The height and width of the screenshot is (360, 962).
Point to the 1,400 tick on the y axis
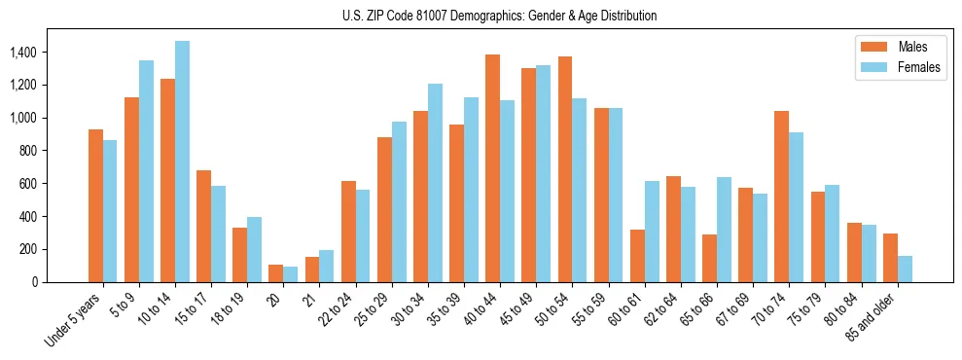(43, 52)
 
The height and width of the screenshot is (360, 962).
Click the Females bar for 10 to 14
(182, 162)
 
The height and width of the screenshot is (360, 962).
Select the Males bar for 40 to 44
(492, 168)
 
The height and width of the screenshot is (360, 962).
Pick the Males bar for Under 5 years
(95, 205)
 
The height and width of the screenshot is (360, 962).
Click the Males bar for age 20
(276, 273)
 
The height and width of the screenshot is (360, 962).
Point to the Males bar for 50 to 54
(565, 169)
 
